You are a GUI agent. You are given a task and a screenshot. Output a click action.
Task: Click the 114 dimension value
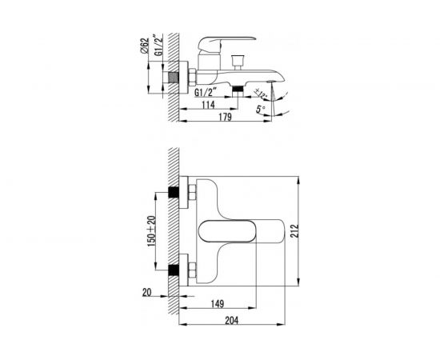[x=209, y=104]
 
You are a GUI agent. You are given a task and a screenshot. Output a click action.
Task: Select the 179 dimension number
[x=225, y=117]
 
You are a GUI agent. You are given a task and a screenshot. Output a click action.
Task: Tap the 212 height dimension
[x=294, y=231]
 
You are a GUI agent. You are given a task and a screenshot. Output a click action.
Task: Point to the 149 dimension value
[x=217, y=304]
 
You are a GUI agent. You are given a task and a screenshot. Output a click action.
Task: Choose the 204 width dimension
[x=231, y=320]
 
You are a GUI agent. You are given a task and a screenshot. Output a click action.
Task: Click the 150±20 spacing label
[x=151, y=231]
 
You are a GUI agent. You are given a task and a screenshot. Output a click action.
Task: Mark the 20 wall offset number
[x=146, y=292]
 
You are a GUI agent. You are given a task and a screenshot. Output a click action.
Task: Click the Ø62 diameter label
[x=144, y=46]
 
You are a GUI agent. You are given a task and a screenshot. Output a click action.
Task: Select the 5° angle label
[x=261, y=109]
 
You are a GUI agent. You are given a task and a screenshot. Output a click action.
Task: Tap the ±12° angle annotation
[x=261, y=94]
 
